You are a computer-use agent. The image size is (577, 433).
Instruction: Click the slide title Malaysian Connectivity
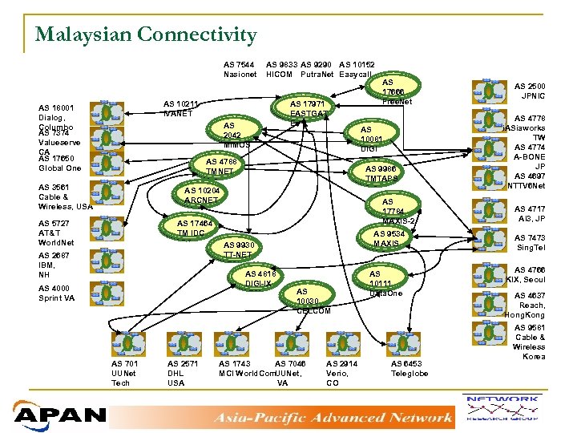pos(146,34)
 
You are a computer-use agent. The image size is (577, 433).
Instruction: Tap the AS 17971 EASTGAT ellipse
pos(308,109)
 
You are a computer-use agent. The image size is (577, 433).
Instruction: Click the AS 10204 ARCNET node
pos(201,195)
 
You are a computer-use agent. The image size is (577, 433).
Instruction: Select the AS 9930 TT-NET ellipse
pos(238,249)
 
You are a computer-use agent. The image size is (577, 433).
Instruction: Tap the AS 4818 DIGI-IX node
pos(260,278)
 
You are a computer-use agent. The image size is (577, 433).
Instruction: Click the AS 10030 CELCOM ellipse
pos(313,301)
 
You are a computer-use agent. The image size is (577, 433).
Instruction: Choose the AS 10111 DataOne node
pos(385,283)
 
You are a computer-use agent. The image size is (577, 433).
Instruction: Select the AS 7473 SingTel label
pos(530,242)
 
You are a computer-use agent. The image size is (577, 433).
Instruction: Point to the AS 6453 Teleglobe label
pos(409,368)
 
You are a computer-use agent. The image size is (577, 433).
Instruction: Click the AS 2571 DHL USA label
pos(183,373)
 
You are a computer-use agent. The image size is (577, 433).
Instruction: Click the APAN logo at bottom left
pos(60,415)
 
